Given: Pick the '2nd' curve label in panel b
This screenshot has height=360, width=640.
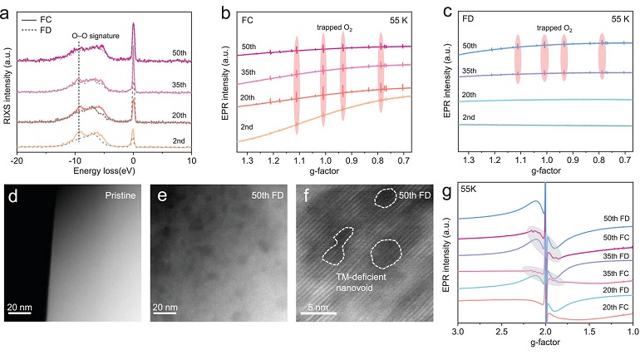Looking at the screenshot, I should click(246, 126).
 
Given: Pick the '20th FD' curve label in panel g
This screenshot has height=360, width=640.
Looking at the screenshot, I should click(611, 289).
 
